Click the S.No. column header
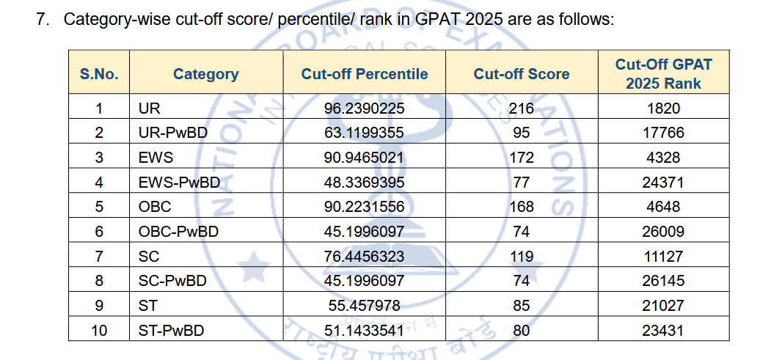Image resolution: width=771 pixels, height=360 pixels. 99,74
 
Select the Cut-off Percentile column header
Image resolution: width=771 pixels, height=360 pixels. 364,74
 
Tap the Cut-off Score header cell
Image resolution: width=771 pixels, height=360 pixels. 521,74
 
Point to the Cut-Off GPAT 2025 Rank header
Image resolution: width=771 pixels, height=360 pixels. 663,73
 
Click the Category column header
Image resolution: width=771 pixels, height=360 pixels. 205,74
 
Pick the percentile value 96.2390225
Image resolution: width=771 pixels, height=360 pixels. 364,109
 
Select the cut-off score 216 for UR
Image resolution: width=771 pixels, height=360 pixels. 521,109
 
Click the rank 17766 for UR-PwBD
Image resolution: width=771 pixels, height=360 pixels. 663,133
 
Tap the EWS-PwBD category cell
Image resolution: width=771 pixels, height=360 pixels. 179,182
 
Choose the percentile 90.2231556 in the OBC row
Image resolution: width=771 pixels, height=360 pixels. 364,207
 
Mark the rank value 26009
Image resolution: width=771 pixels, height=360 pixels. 663,232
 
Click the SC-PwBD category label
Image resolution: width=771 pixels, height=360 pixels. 172,281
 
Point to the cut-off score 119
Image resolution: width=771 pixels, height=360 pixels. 521,257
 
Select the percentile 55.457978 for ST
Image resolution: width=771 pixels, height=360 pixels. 364,306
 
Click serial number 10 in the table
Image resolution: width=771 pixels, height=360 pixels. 99,331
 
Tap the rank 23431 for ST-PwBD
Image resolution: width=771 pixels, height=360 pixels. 663,331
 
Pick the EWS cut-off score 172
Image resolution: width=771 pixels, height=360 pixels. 521,158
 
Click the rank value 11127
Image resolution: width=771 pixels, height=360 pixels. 663,257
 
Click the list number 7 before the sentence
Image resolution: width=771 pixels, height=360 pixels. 41,19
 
